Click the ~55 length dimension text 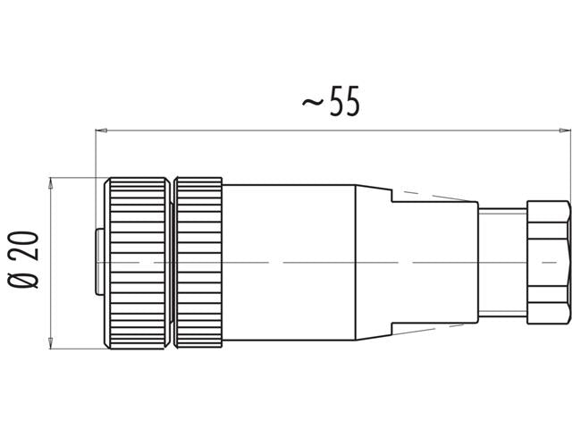click(332, 103)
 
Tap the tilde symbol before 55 click(312, 105)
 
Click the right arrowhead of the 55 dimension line click(564, 131)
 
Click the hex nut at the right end click(547, 261)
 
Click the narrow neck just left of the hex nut click(502, 261)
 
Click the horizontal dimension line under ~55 click(223, 131)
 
